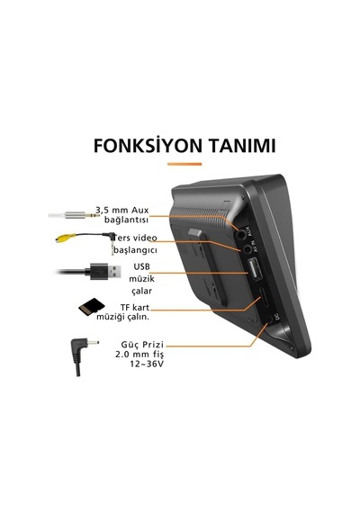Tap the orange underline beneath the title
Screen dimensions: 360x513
184,164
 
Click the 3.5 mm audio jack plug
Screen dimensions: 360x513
75,215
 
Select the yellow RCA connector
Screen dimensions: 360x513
61,238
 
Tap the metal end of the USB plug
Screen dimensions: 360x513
114,271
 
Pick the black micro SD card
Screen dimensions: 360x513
92,307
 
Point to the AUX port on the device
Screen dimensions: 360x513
241,234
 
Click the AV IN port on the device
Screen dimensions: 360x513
248,249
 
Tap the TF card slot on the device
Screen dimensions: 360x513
265,297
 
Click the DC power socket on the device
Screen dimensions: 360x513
269,319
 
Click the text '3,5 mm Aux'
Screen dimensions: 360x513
122,210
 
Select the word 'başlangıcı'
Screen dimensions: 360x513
136,250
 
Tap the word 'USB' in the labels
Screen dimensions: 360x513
141,267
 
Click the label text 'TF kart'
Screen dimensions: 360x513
135,307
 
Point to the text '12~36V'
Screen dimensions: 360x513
147,364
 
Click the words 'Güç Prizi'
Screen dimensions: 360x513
142,345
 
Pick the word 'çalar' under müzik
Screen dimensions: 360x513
141,291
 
